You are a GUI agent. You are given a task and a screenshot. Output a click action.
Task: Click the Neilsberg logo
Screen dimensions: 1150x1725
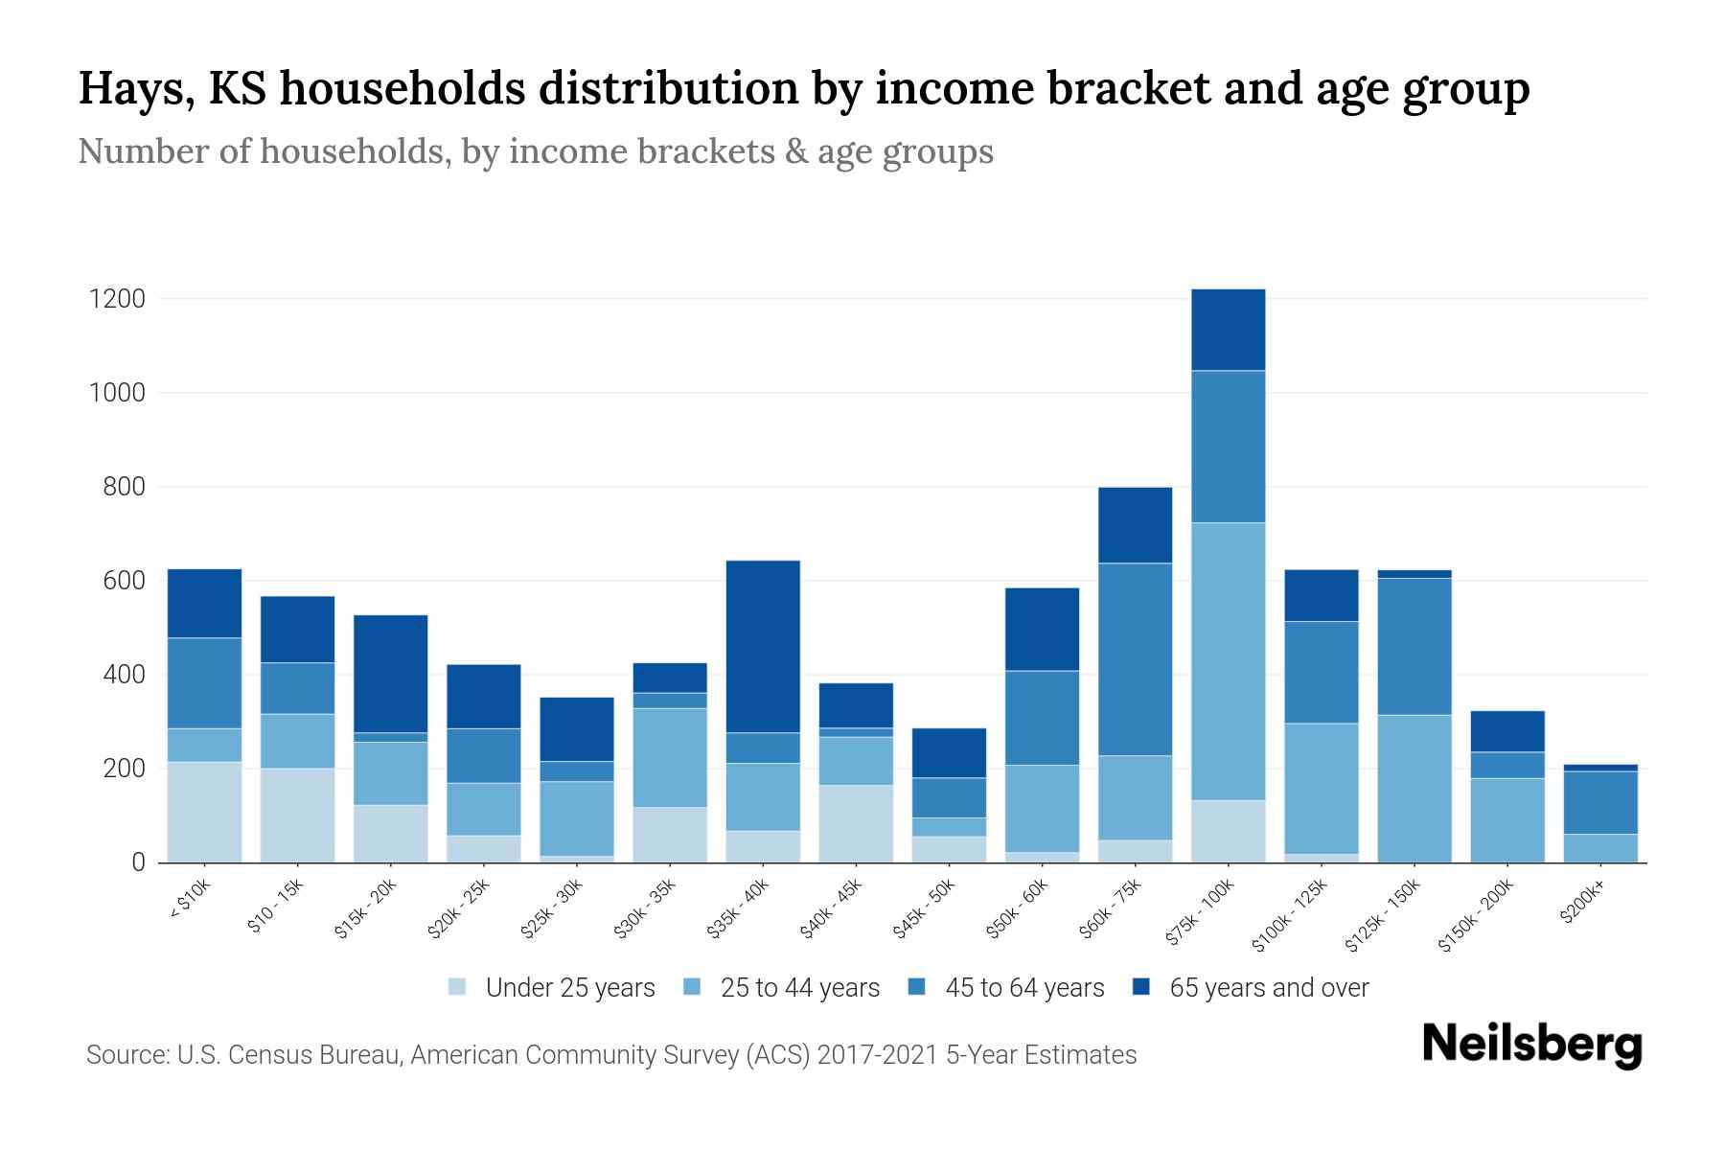[1531, 1045]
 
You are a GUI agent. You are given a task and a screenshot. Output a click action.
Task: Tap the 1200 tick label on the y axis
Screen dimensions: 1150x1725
[117, 299]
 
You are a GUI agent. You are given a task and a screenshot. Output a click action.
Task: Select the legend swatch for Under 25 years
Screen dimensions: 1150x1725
[457, 986]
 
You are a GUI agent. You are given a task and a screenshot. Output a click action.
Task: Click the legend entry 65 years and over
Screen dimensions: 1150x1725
[1268, 988]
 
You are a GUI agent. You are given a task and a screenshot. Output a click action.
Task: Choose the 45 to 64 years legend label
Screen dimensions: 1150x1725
[1023, 988]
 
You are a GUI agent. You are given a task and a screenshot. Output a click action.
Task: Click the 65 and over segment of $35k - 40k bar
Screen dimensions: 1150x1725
[763, 646]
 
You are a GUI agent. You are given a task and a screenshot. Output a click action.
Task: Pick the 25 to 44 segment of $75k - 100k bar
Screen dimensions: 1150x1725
[1228, 660]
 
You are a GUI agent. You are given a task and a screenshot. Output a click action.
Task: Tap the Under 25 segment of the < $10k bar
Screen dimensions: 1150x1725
[204, 812]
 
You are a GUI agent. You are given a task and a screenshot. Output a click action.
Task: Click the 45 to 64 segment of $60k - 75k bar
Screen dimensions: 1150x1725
[1135, 658]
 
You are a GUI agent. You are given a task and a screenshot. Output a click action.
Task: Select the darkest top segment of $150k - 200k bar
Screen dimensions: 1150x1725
[1506, 731]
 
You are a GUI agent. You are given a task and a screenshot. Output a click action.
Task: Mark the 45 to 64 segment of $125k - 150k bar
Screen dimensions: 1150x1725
[1414, 646]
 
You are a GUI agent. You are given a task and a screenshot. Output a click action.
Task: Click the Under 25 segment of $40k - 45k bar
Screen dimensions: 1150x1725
[856, 823]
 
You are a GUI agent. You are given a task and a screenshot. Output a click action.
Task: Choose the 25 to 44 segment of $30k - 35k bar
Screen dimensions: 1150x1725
[670, 757]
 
